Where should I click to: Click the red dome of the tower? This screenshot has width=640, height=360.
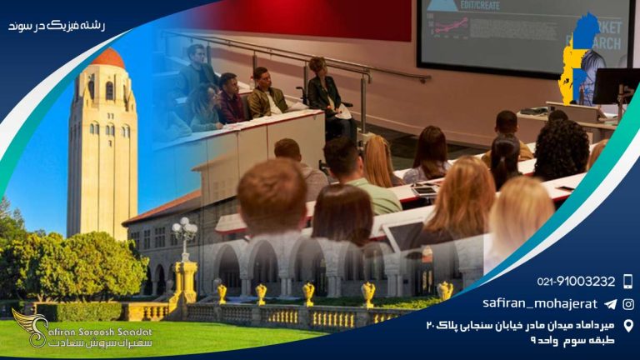(x=107, y=58)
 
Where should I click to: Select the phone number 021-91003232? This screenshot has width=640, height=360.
(x=574, y=282)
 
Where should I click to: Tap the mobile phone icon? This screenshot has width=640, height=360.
(x=627, y=282)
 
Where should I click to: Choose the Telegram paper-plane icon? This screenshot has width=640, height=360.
(x=610, y=304)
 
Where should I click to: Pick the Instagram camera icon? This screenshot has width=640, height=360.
(x=627, y=304)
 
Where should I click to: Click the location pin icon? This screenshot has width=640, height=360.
(x=627, y=325)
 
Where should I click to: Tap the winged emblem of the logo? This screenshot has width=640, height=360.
(x=28, y=327)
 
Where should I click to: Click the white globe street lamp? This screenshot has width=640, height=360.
(x=184, y=228)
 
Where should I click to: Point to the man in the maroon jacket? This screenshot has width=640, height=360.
(x=230, y=98)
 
